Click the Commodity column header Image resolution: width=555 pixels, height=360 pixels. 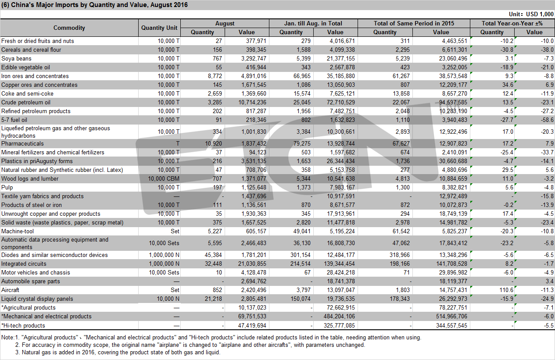point(69,28)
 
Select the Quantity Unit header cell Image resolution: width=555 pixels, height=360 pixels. point(159,28)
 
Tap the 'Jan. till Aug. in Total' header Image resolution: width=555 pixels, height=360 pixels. point(313,23)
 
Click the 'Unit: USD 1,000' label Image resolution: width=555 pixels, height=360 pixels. point(531,14)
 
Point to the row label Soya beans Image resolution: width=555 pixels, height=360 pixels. point(16,58)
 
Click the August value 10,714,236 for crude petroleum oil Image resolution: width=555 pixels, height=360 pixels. point(252,102)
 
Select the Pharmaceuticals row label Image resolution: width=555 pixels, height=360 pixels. point(22,143)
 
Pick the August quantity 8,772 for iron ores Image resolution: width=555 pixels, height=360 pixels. point(215,76)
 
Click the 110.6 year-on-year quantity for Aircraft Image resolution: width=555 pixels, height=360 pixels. point(506,290)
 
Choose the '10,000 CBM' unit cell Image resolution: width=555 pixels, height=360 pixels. point(164,178)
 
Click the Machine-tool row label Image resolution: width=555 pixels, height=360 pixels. point(18,231)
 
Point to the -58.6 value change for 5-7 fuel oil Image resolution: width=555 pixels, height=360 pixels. point(547,120)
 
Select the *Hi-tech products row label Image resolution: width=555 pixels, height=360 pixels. point(23,325)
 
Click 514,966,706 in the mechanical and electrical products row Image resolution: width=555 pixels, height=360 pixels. point(451,316)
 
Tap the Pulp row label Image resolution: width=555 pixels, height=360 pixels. point(7,187)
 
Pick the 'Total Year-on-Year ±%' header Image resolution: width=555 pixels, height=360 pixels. point(512,23)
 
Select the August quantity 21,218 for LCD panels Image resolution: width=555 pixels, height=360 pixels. point(213,299)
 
